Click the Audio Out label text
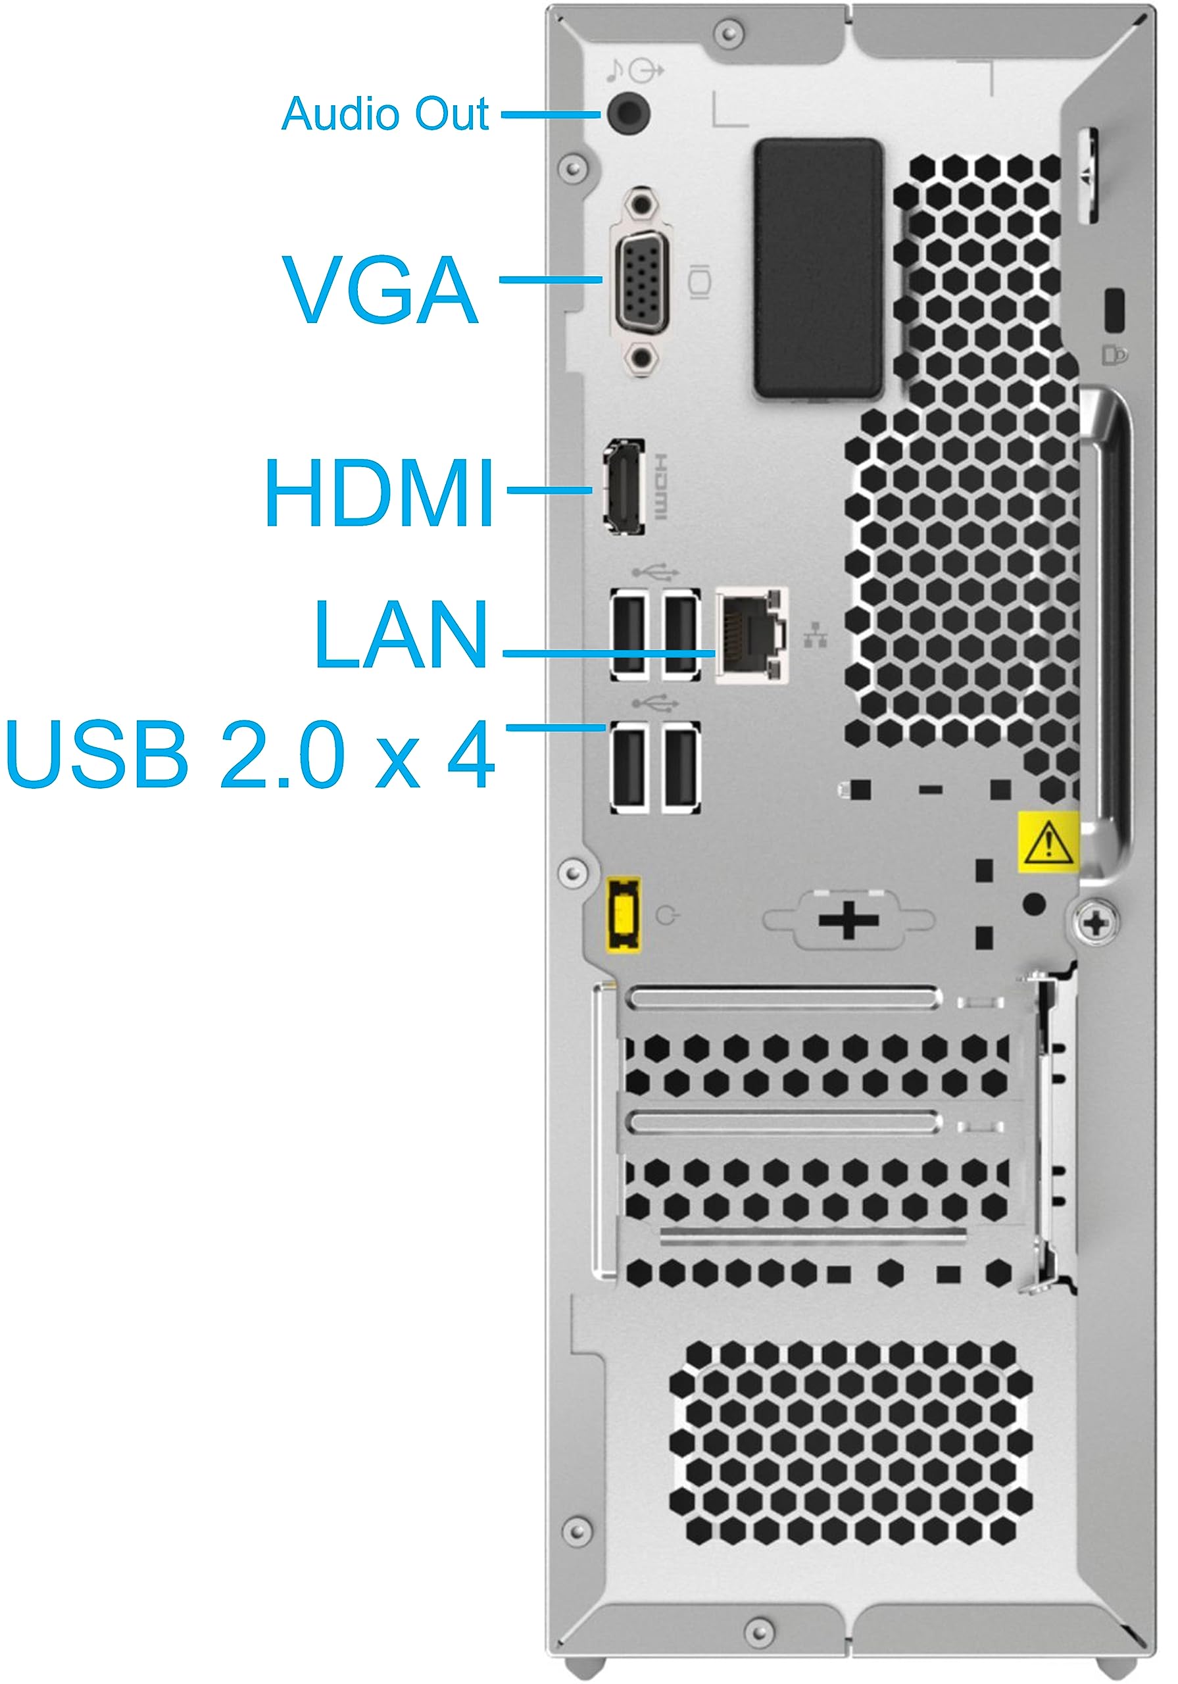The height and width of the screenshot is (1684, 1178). [385, 114]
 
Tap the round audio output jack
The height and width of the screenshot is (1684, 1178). [629, 112]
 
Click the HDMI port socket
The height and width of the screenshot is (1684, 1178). [624, 487]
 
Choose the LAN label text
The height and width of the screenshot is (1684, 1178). [401, 633]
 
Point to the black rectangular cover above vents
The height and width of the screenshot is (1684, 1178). [818, 268]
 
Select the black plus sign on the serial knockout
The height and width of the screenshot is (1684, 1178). [848, 919]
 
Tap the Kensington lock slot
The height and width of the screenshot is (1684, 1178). [1115, 310]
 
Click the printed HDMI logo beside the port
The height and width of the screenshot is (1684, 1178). [660, 486]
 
